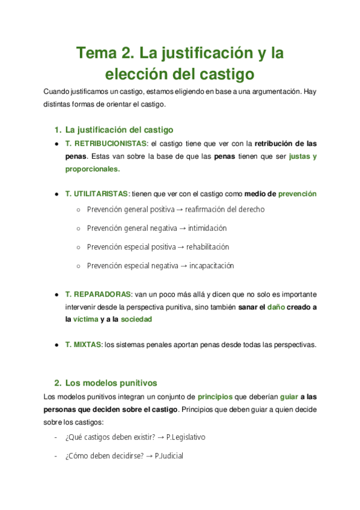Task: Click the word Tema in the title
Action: pos(95,53)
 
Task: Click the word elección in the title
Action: pos(136,75)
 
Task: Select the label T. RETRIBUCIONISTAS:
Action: pos(107,144)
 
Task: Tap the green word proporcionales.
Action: pos(93,169)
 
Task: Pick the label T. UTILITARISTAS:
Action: pos(97,194)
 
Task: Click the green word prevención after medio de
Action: pos(297,194)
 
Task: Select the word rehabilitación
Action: pos(207,247)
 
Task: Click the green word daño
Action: pos(276,307)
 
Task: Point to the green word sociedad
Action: pos(136,320)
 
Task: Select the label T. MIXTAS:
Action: pos(84,345)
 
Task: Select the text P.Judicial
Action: pos(169,456)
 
